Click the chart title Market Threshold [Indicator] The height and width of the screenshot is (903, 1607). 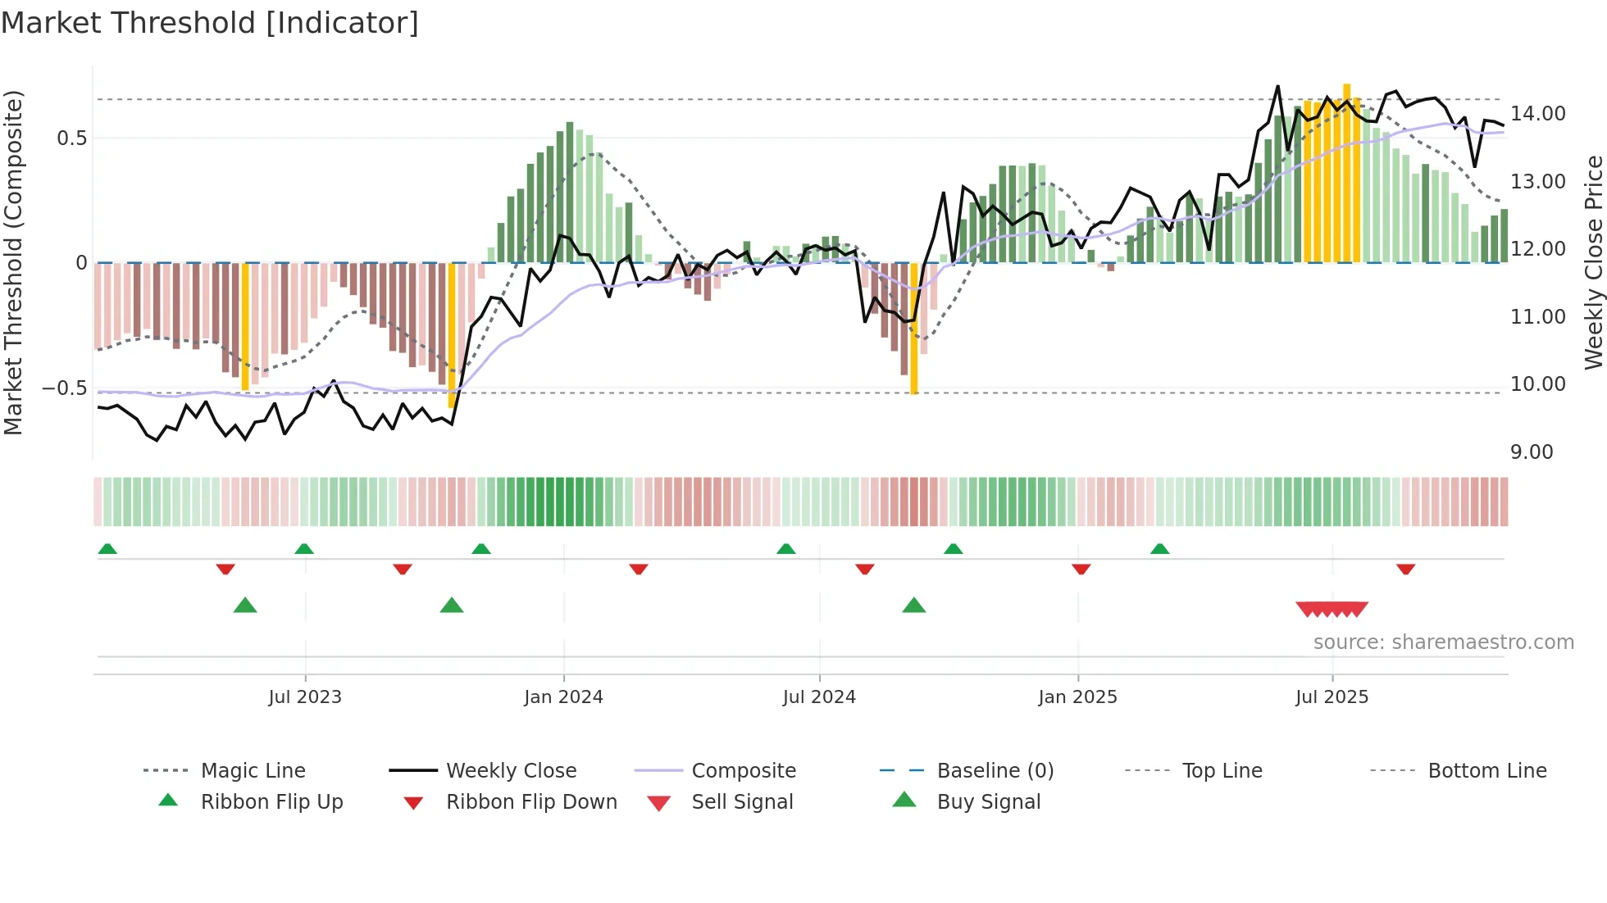(x=210, y=23)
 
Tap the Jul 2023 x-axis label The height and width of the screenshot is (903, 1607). (x=305, y=697)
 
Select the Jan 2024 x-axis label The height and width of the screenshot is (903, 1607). (x=563, y=697)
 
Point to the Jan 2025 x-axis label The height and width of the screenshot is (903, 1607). (x=1077, y=697)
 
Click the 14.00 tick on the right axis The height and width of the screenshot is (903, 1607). (x=1538, y=114)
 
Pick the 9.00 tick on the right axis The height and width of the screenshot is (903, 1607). (x=1532, y=452)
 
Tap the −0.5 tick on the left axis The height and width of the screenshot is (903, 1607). (x=64, y=388)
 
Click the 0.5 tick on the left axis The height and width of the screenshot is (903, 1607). (x=72, y=138)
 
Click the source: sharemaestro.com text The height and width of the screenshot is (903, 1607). (x=1443, y=642)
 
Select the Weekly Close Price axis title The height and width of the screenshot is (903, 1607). (x=1593, y=262)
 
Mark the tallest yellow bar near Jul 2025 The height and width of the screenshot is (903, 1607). (x=1346, y=172)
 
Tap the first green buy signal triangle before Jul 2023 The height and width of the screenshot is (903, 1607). (x=245, y=606)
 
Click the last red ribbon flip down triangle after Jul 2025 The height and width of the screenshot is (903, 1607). (x=1405, y=569)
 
